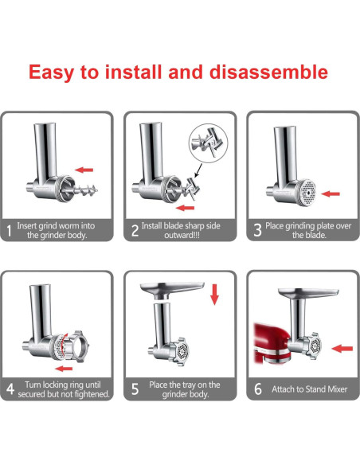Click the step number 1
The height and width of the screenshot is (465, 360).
[10, 230]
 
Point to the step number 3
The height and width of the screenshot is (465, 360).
[257, 230]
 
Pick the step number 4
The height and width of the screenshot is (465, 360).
[10, 389]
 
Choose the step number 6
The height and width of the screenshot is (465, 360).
[257, 389]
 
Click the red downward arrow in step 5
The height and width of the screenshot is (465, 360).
[213, 295]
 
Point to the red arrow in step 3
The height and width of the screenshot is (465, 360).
[332, 193]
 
